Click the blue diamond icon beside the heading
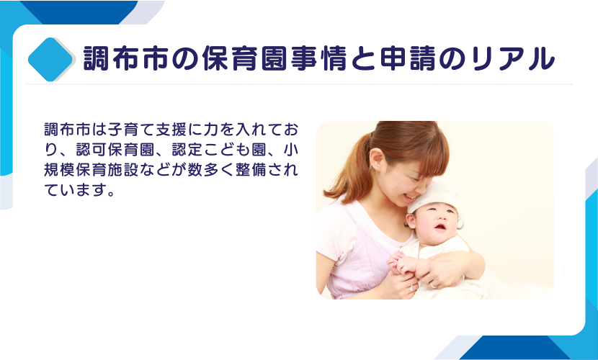click(50, 60)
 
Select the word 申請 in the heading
click(408, 58)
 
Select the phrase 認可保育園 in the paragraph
click(115, 150)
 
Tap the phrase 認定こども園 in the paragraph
click(219, 150)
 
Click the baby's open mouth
click(440, 227)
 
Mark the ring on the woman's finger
click(432, 284)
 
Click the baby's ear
click(411, 220)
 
